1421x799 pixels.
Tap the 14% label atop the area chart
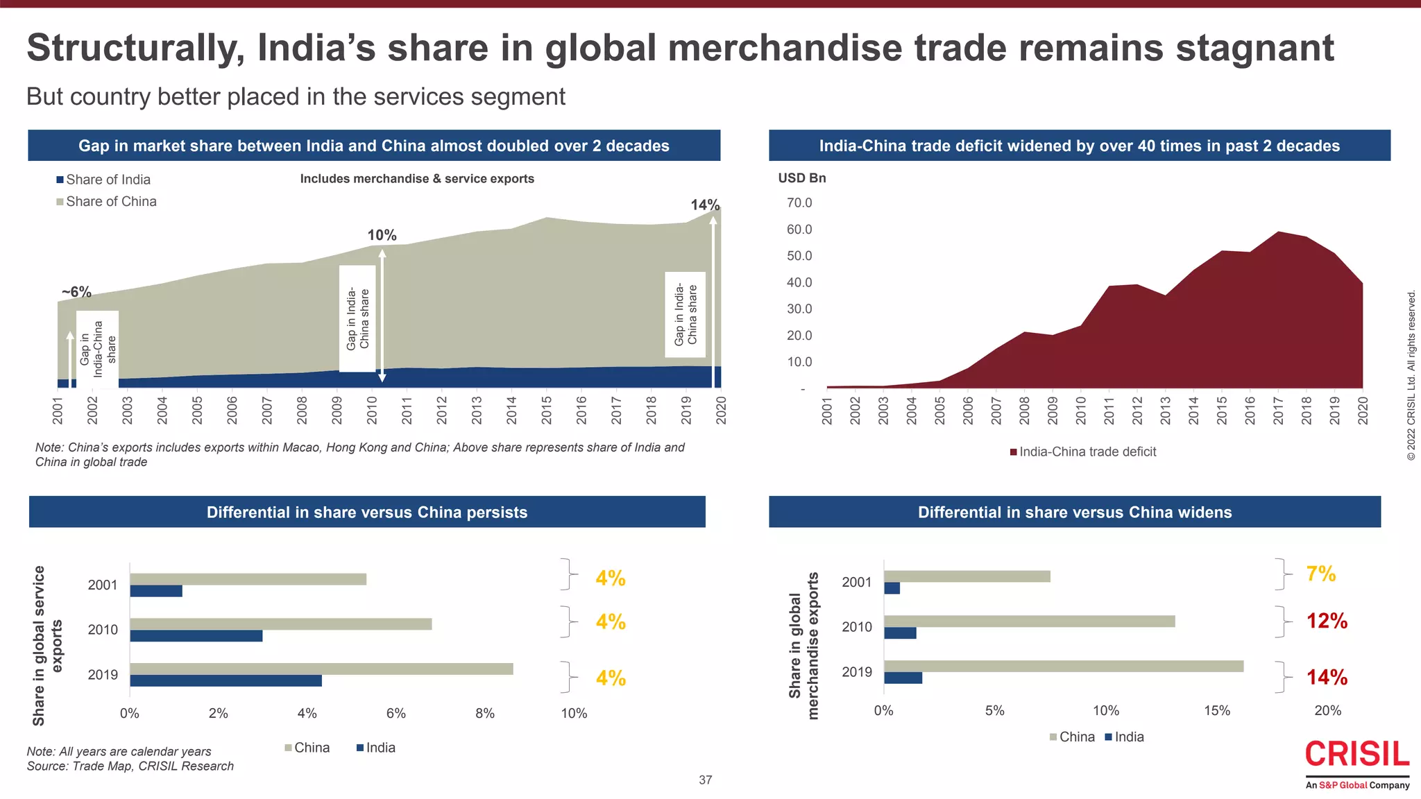704,205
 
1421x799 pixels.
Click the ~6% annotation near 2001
76,292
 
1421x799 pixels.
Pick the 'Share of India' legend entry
108,180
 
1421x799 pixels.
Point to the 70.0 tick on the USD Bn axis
799,203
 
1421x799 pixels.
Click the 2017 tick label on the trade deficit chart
1278,411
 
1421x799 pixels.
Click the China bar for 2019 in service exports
321,669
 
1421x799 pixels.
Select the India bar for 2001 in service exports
156,591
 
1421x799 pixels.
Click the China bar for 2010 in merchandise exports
1029,621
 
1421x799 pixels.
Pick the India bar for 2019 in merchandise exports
903,678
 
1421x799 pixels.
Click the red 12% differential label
1327,621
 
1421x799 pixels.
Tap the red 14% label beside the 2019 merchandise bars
1327,678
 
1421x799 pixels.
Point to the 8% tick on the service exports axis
485,714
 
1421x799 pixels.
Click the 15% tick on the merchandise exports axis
1217,711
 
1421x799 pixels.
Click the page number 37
705,780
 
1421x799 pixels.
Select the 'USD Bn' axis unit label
801,178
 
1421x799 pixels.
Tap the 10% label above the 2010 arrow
382,236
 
